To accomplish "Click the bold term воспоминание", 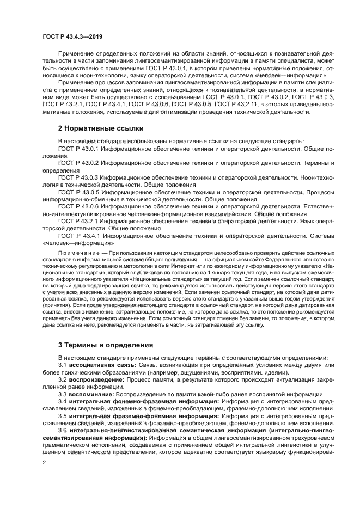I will click(x=91, y=394).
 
